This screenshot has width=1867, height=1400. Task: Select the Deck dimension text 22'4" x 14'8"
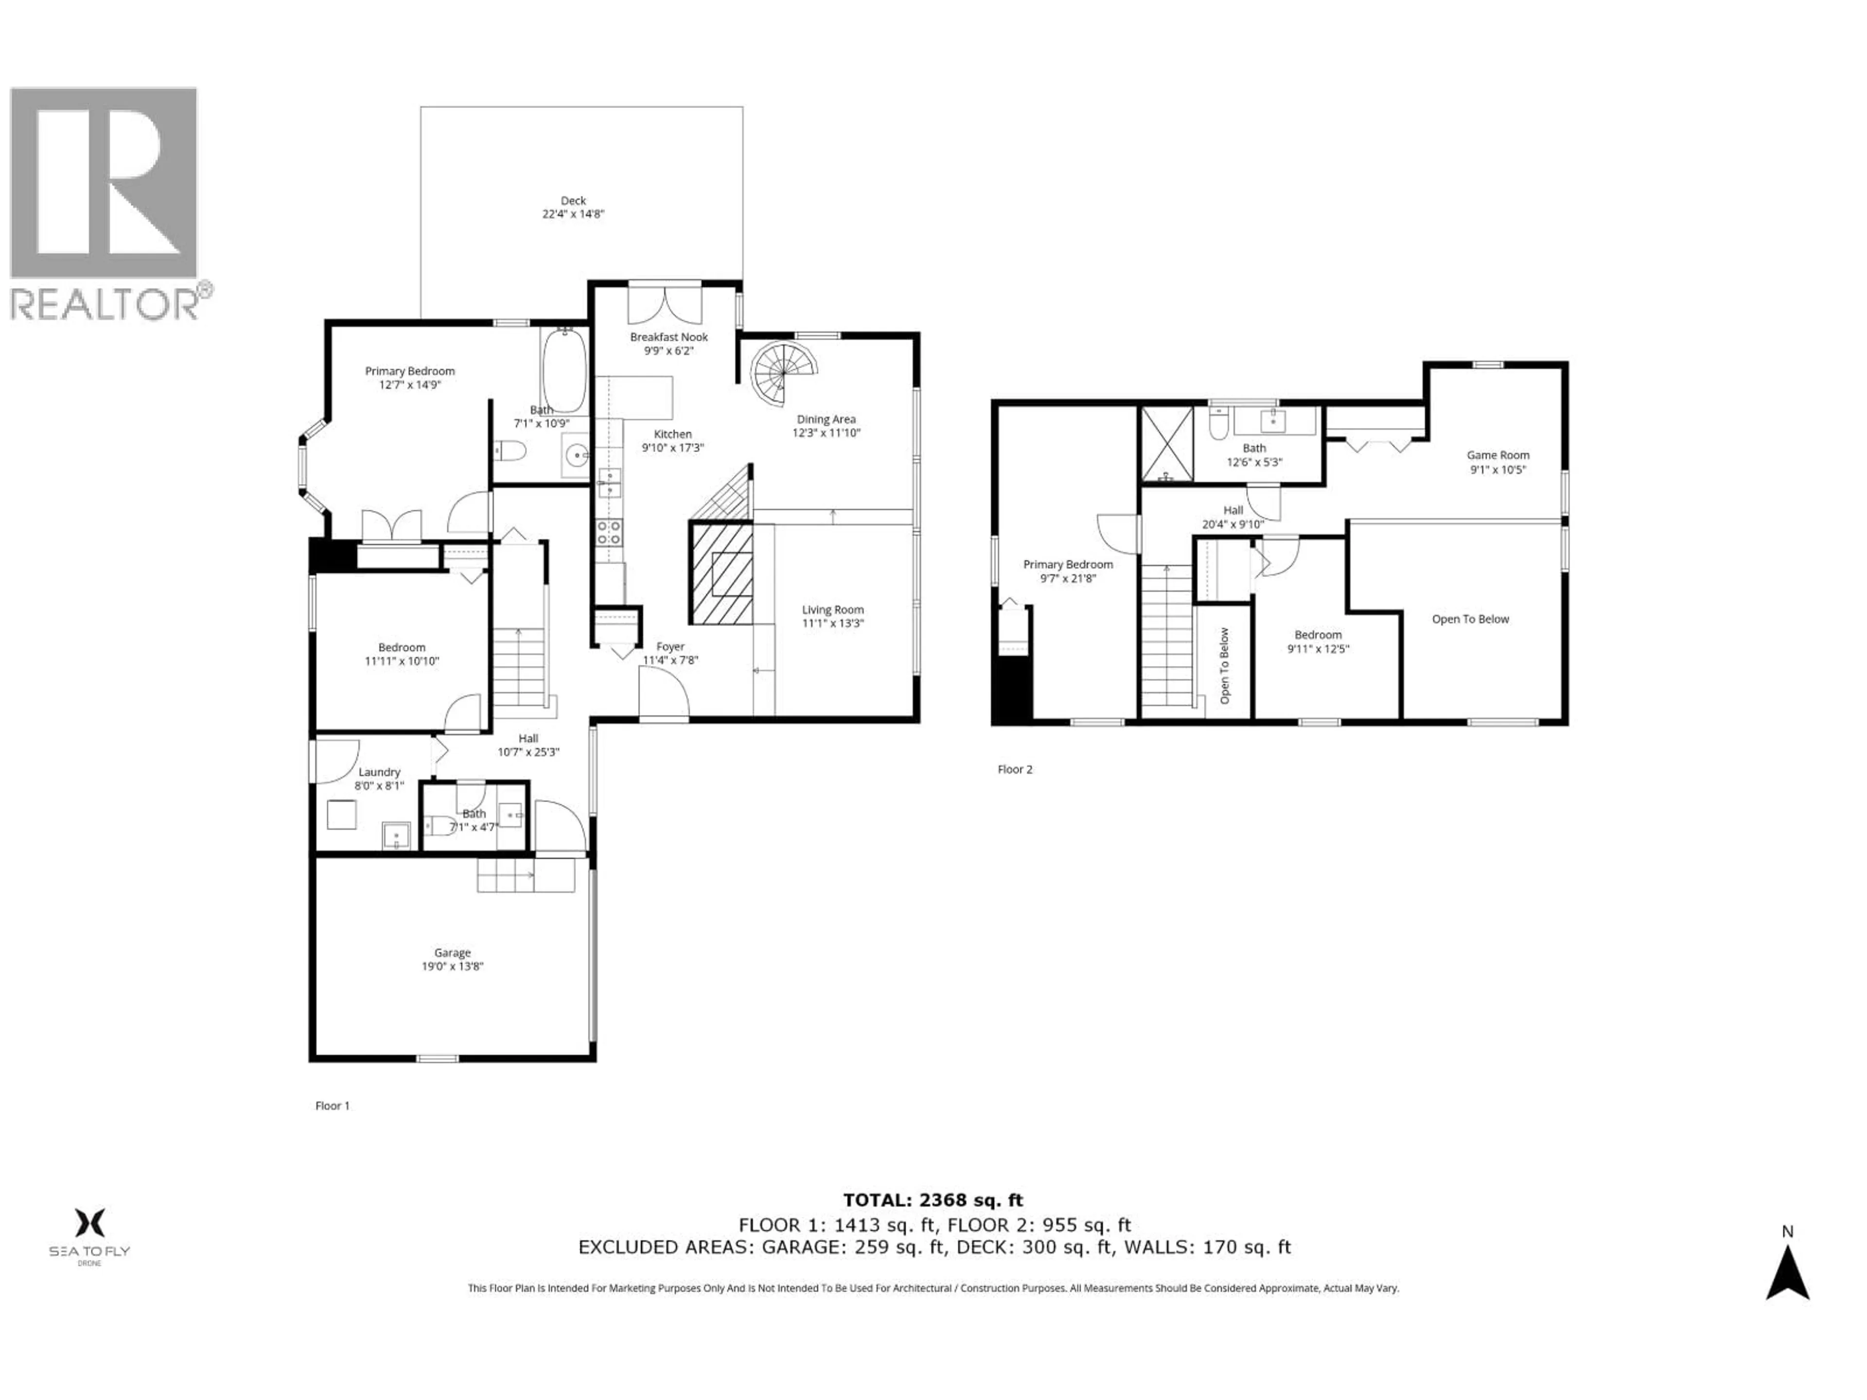pos(573,214)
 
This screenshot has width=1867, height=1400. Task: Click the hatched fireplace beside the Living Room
pos(722,574)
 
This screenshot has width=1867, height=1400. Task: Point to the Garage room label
pos(452,953)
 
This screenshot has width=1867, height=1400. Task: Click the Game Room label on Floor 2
pos(1497,455)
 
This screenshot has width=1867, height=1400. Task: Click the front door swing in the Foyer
pos(663,694)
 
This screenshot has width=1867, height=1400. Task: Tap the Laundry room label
pos(379,772)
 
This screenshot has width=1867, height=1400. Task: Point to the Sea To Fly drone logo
pos(89,1234)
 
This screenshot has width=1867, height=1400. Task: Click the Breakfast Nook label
pos(669,337)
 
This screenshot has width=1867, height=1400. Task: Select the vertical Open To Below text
pos(1225,666)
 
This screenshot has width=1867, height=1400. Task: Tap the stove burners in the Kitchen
pos(609,532)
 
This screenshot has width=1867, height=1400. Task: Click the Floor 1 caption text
pos(332,1105)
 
